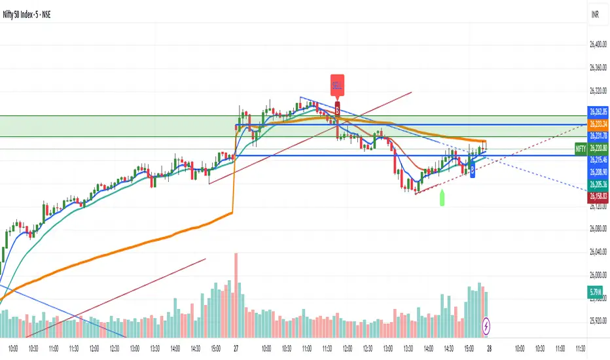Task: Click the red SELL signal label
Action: click(337, 85)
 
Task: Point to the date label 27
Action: click(236, 350)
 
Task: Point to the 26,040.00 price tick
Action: click(595, 251)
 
